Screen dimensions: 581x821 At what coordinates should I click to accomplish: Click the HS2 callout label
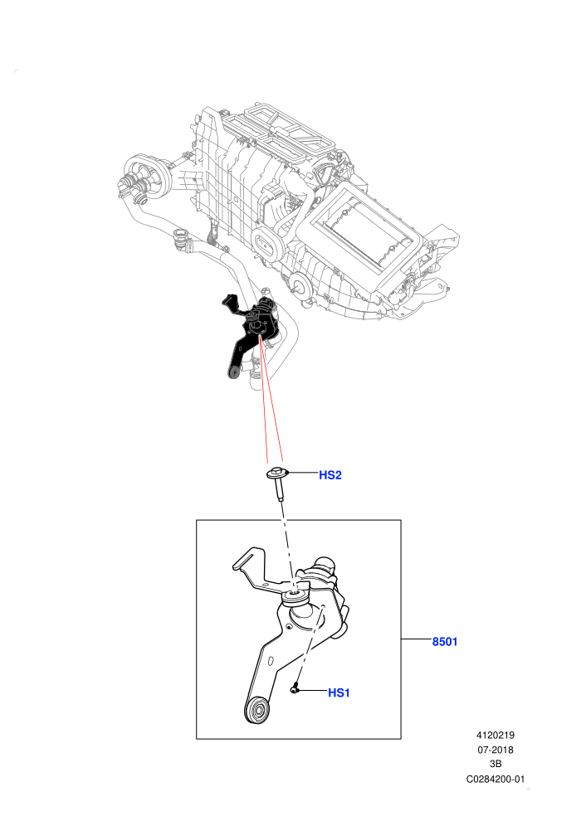[330, 475]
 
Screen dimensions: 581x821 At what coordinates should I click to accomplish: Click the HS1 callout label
[339, 692]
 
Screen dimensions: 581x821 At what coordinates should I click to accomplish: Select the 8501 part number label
[445, 641]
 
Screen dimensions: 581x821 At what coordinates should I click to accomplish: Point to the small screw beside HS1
[295, 689]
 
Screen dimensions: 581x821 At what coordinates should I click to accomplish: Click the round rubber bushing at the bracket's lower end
[256, 710]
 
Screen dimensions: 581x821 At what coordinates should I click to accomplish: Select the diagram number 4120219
[495, 735]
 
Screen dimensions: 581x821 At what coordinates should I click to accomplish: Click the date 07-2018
[495, 750]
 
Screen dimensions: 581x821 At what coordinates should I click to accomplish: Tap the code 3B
[495, 764]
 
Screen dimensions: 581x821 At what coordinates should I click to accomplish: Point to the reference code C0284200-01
[495, 779]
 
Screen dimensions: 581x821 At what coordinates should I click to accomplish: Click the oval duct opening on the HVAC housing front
[267, 245]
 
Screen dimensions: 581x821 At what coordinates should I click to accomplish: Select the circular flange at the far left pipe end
[149, 176]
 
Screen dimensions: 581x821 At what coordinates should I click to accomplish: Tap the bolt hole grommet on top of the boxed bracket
[295, 595]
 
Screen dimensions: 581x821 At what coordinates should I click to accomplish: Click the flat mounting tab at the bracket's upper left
[247, 558]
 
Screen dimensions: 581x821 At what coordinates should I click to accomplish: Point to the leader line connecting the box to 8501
[417, 639]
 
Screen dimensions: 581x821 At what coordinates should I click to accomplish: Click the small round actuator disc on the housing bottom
[300, 284]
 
